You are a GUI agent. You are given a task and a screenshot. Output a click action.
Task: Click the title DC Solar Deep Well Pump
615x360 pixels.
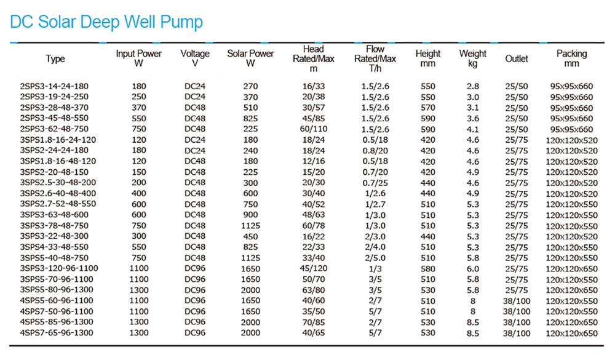[x=106, y=22]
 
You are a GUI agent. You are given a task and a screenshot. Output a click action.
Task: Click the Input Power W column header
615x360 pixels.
[x=139, y=58]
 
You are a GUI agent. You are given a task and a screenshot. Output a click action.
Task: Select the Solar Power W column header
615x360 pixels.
[x=250, y=58]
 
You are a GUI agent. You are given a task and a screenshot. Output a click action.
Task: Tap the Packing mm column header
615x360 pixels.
[x=571, y=58]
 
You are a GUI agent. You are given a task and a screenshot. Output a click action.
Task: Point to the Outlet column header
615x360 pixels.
[x=517, y=58]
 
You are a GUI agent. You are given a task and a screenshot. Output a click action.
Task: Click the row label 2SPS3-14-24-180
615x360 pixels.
[x=54, y=86]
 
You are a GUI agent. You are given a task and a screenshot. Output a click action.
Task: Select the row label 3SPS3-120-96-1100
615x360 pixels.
[x=59, y=268]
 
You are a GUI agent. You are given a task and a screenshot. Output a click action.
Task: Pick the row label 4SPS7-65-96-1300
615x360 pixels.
[x=57, y=333]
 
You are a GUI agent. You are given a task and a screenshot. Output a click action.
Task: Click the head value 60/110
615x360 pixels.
[x=314, y=129]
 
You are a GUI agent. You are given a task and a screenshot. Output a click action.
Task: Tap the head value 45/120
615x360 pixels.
[x=314, y=268]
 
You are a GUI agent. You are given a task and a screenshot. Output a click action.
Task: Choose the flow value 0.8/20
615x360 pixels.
[x=375, y=150]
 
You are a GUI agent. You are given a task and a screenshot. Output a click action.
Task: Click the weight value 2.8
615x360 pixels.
[x=472, y=86]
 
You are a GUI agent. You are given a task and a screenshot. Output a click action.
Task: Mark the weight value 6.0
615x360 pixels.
[x=472, y=268]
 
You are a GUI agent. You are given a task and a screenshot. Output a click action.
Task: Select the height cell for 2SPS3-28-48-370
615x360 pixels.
[x=427, y=108]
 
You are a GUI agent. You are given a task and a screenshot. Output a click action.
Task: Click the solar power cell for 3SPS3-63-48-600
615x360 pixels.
[x=250, y=215]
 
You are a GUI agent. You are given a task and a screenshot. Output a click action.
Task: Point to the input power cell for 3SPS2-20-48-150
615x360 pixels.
[x=139, y=172]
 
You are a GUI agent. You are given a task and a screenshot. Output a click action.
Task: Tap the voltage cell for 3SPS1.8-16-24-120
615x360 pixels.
[x=195, y=140]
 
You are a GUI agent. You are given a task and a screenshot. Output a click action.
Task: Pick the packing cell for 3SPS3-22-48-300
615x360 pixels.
[x=571, y=236]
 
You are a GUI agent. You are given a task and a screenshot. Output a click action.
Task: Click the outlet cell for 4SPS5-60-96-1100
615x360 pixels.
[x=517, y=301]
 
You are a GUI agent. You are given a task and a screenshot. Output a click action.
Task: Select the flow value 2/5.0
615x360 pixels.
[x=375, y=258]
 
